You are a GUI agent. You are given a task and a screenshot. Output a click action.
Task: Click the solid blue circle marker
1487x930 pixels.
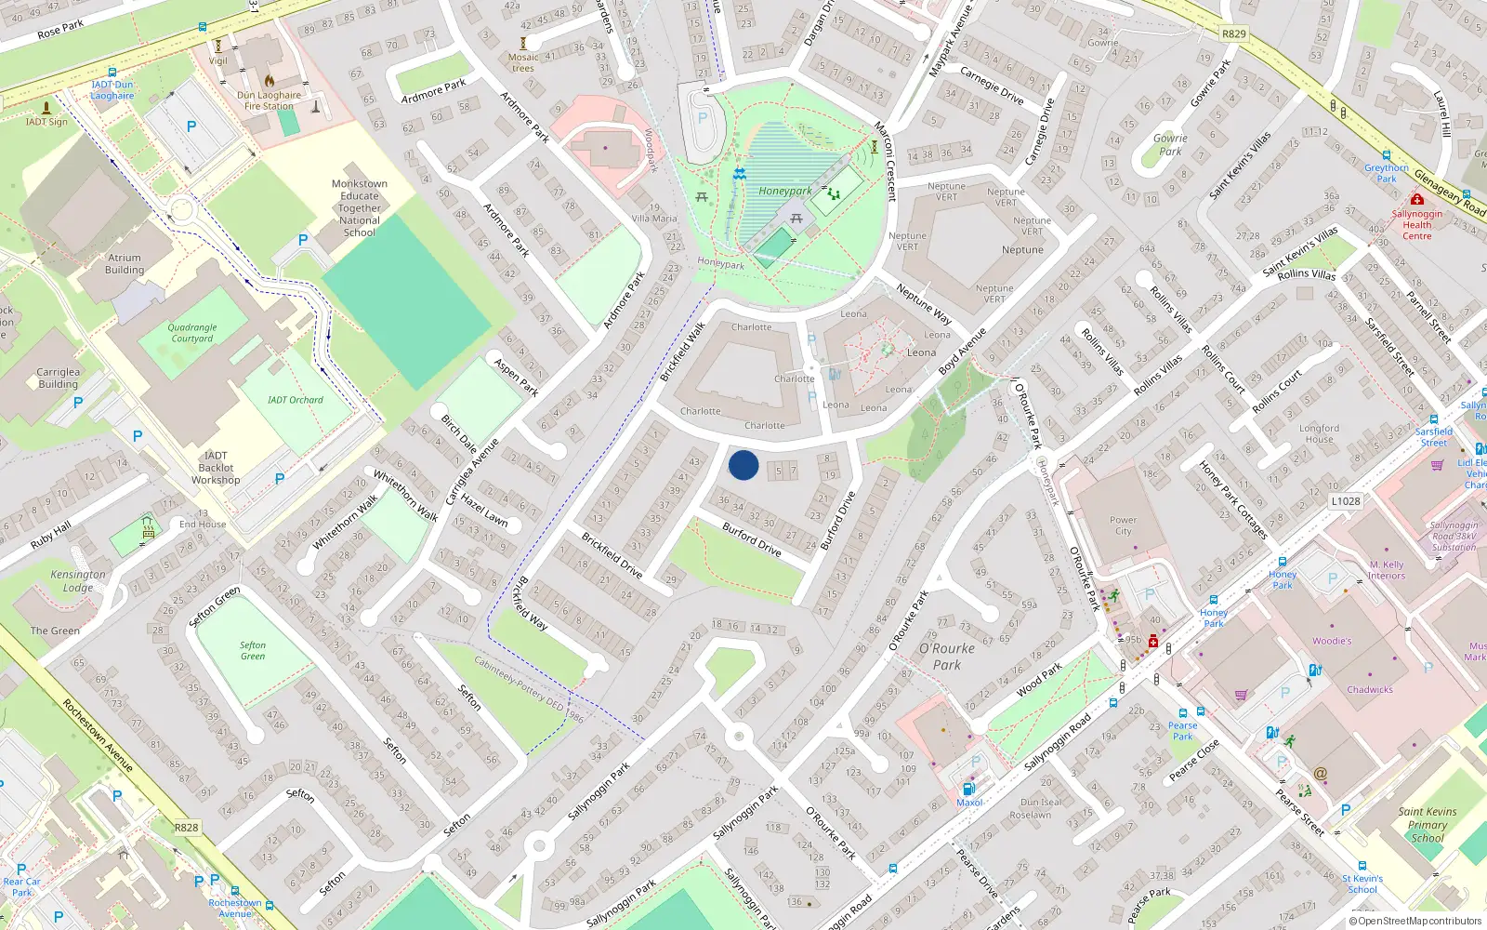coord(743,465)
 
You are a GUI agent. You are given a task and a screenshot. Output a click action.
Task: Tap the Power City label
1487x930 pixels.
coord(1123,525)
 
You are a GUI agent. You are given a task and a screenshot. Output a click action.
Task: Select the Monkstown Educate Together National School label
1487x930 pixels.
coord(360,207)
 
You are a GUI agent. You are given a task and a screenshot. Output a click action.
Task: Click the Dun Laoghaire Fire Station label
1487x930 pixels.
coord(269,100)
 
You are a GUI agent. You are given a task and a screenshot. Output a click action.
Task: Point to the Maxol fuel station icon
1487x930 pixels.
coord(967,789)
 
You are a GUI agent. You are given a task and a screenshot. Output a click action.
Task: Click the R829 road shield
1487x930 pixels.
coord(1233,33)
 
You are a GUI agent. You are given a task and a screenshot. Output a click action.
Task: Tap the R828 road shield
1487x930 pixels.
coord(186,827)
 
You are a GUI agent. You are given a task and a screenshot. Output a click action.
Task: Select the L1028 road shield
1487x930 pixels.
coord(1345,501)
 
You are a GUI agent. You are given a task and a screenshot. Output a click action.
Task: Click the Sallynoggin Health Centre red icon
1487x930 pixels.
coord(1416,199)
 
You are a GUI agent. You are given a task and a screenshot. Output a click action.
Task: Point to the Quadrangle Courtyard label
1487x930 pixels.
coord(192,333)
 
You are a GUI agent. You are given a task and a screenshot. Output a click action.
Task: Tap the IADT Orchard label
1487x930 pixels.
coord(296,400)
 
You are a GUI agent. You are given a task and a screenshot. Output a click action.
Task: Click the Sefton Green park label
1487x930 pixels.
coord(253,650)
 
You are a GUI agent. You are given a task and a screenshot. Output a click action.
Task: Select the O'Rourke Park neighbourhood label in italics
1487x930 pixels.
coord(947,656)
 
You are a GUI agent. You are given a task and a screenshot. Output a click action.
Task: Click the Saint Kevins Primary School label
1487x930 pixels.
coord(1427,824)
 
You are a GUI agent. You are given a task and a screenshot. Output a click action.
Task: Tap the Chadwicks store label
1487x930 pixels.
coord(1370,689)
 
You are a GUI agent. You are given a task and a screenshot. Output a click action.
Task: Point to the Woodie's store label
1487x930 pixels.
coord(1332,641)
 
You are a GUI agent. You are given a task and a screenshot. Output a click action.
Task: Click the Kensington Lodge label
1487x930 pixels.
coord(78,580)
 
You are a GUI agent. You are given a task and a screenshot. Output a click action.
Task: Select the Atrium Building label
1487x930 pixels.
coord(125,264)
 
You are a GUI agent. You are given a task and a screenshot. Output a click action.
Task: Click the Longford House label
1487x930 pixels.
coord(1319,433)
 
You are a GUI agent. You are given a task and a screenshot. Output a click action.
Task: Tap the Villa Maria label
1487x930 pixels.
coord(654,219)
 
